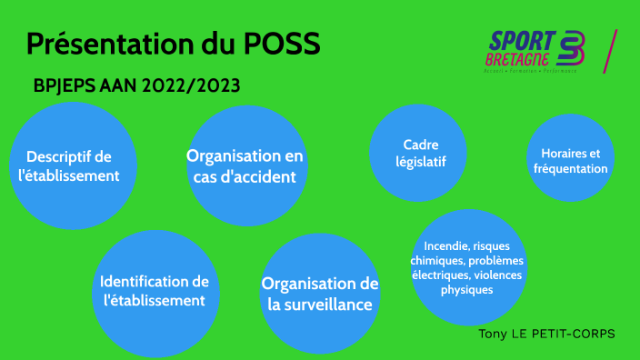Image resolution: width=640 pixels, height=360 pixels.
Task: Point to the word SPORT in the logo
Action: [523, 41]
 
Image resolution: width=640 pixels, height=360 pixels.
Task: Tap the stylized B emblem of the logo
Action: [573, 49]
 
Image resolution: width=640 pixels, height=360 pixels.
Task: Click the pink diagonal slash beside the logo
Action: [610, 51]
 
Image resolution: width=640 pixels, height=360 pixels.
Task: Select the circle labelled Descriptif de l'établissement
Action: [72, 165]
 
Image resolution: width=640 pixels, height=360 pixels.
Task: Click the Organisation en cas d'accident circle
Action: [245, 166]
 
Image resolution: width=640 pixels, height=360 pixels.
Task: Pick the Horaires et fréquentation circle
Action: [570, 159]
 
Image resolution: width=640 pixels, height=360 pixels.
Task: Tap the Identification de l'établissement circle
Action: [155, 291]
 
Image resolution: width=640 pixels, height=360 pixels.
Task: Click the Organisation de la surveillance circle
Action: [320, 294]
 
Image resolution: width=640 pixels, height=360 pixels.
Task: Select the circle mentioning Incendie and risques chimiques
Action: [466, 267]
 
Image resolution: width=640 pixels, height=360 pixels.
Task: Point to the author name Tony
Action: [495, 334]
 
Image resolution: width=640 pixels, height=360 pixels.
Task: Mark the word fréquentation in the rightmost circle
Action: [570, 169]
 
